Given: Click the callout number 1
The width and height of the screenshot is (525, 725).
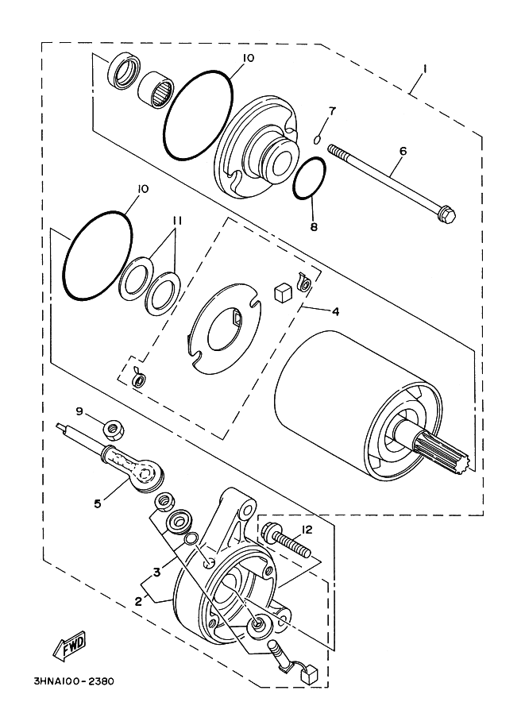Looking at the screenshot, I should pyautogui.click(x=424, y=70).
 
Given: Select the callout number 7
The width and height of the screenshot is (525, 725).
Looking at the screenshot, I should pyautogui.click(x=333, y=109).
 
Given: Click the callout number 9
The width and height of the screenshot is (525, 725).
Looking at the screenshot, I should pyautogui.click(x=79, y=411).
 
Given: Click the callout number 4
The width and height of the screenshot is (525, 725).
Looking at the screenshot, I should pyautogui.click(x=335, y=311).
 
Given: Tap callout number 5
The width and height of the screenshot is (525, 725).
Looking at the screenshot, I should pyautogui.click(x=98, y=503).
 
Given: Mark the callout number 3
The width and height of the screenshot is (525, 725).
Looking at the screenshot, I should pyautogui.click(x=157, y=571).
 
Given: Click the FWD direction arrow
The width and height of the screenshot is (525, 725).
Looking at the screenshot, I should pyautogui.click(x=70, y=646).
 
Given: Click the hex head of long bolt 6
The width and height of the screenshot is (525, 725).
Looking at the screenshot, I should pyautogui.click(x=446, y=214).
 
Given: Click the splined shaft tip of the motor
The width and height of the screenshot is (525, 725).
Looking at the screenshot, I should pyautogui.click(x=456, y=455).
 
